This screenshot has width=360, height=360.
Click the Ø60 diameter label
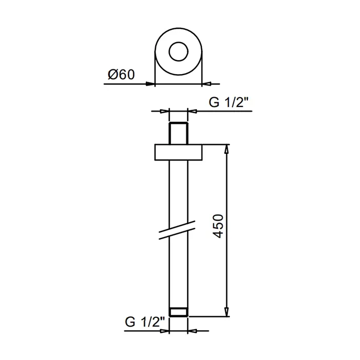pyautogui.click(x=121, y=75)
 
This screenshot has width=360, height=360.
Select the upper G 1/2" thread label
pyautogui.click(x=229, y=102)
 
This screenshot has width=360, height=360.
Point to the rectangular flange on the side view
pyautogui.click(x=178, y=152)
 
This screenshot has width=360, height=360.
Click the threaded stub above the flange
pyautogui.click(x=178, y=133)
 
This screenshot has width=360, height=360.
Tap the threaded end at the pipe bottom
pyautogui.click(x=178, y=312)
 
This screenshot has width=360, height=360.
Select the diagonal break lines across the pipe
pyautogui.click(x=177, y=230)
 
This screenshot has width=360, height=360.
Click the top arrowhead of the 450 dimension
pyautogui.click(x=227, y=149)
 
